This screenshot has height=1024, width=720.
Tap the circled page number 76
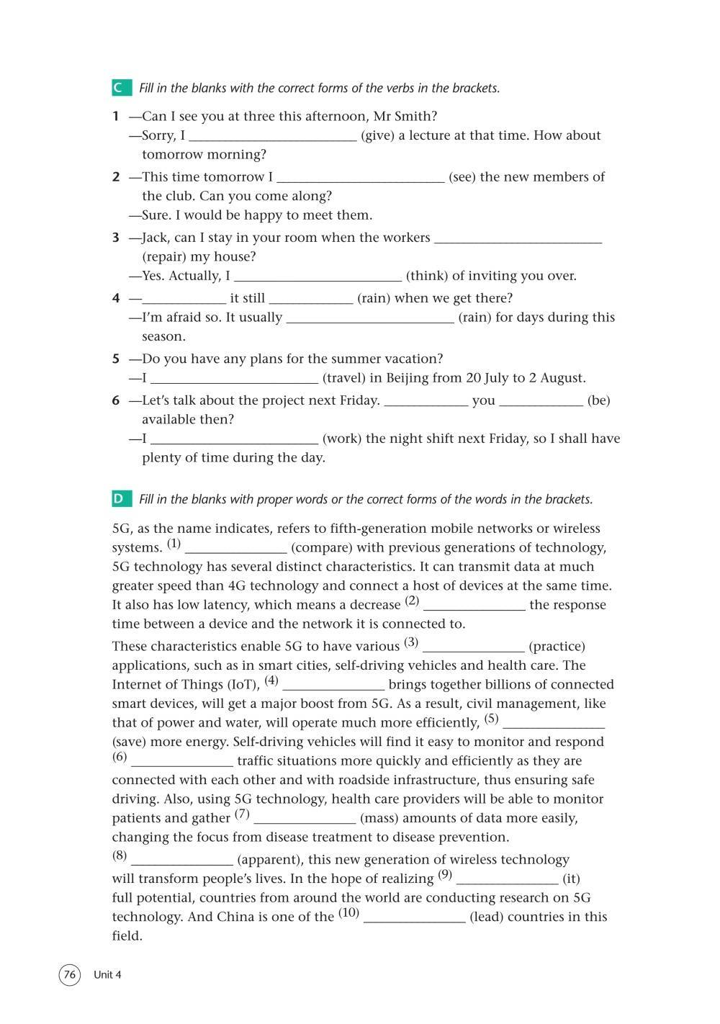[70, 974]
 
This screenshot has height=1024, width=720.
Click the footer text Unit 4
[107, 975]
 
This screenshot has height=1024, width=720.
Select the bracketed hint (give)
[377, 135]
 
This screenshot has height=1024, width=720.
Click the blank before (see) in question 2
[360, 177]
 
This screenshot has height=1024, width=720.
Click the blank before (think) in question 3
[318, 276]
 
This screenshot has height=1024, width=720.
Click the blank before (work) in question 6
[234, 439]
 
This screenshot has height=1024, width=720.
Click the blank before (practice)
[473, 647]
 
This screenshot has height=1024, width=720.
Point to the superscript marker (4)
[271, 681]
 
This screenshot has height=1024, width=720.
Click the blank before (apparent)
[182, 860]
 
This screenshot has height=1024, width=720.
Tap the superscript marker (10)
[348, 913]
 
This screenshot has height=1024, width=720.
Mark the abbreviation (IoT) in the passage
[244, 685]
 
